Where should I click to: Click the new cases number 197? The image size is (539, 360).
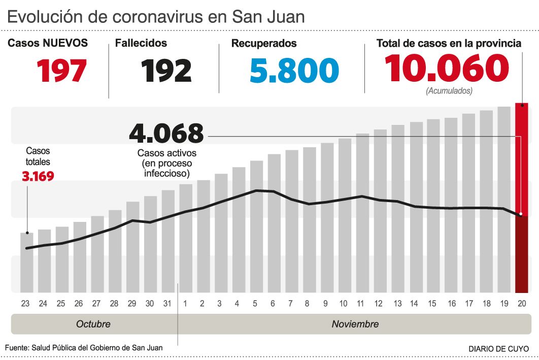[61, 71]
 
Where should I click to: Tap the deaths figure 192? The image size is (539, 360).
[166, 71]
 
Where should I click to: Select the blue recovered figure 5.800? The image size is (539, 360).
[294, 71]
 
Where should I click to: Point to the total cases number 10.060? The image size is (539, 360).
[446, 69]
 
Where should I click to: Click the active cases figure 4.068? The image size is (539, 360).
[166, 134]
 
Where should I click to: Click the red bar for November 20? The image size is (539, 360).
[521, 198]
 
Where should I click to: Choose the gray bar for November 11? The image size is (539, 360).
[362, 213]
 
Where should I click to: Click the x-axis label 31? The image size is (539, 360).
[167, 304]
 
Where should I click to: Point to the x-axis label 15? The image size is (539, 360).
[432, 304]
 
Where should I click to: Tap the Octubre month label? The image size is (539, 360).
[93, 324]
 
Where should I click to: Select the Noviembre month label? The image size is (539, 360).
[355, 324]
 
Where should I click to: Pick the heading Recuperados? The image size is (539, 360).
[264, 44]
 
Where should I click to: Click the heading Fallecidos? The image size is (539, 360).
[141, 44]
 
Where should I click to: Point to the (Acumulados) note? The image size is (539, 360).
[449, 91]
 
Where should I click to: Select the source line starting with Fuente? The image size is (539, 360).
[84, 348]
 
